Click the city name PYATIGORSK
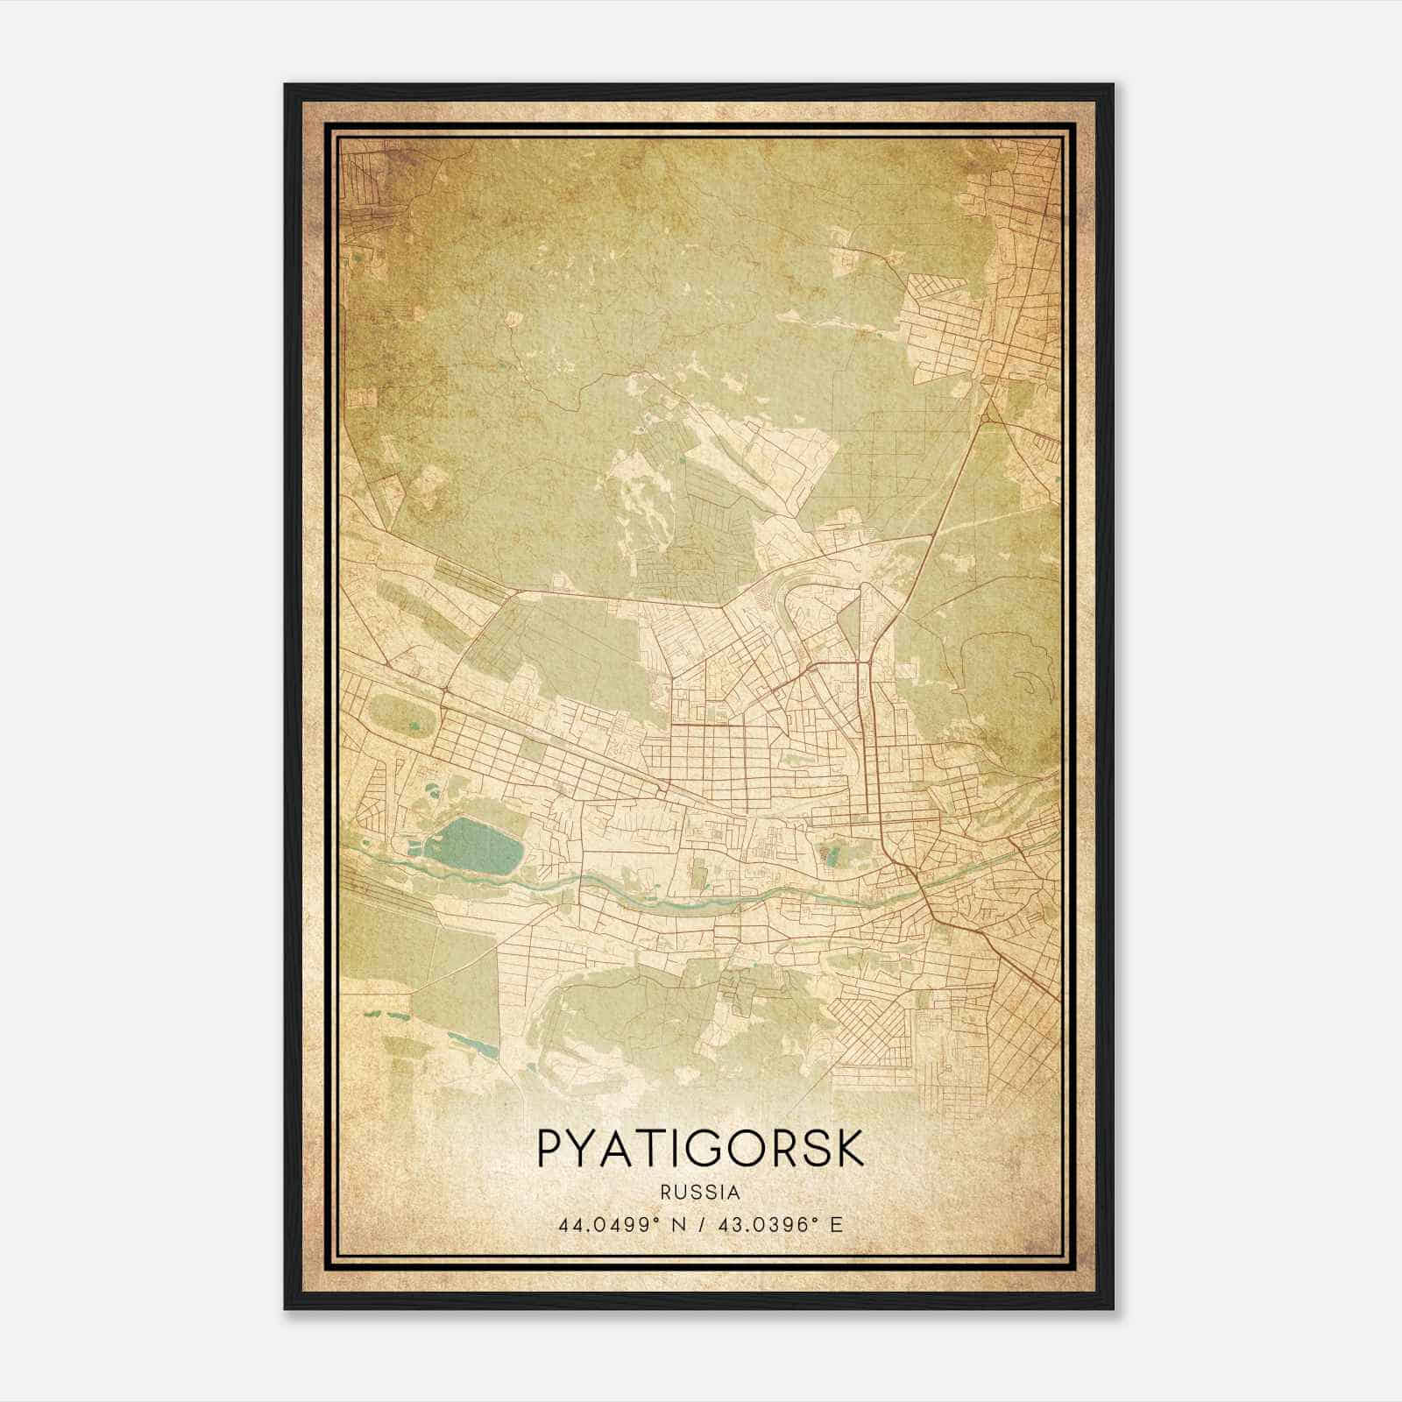click(x=700, y=1149)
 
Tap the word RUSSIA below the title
click(x=700, y=1193)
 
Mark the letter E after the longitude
click(x=836, y=1225)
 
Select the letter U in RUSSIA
click(x=680, y=1193)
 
